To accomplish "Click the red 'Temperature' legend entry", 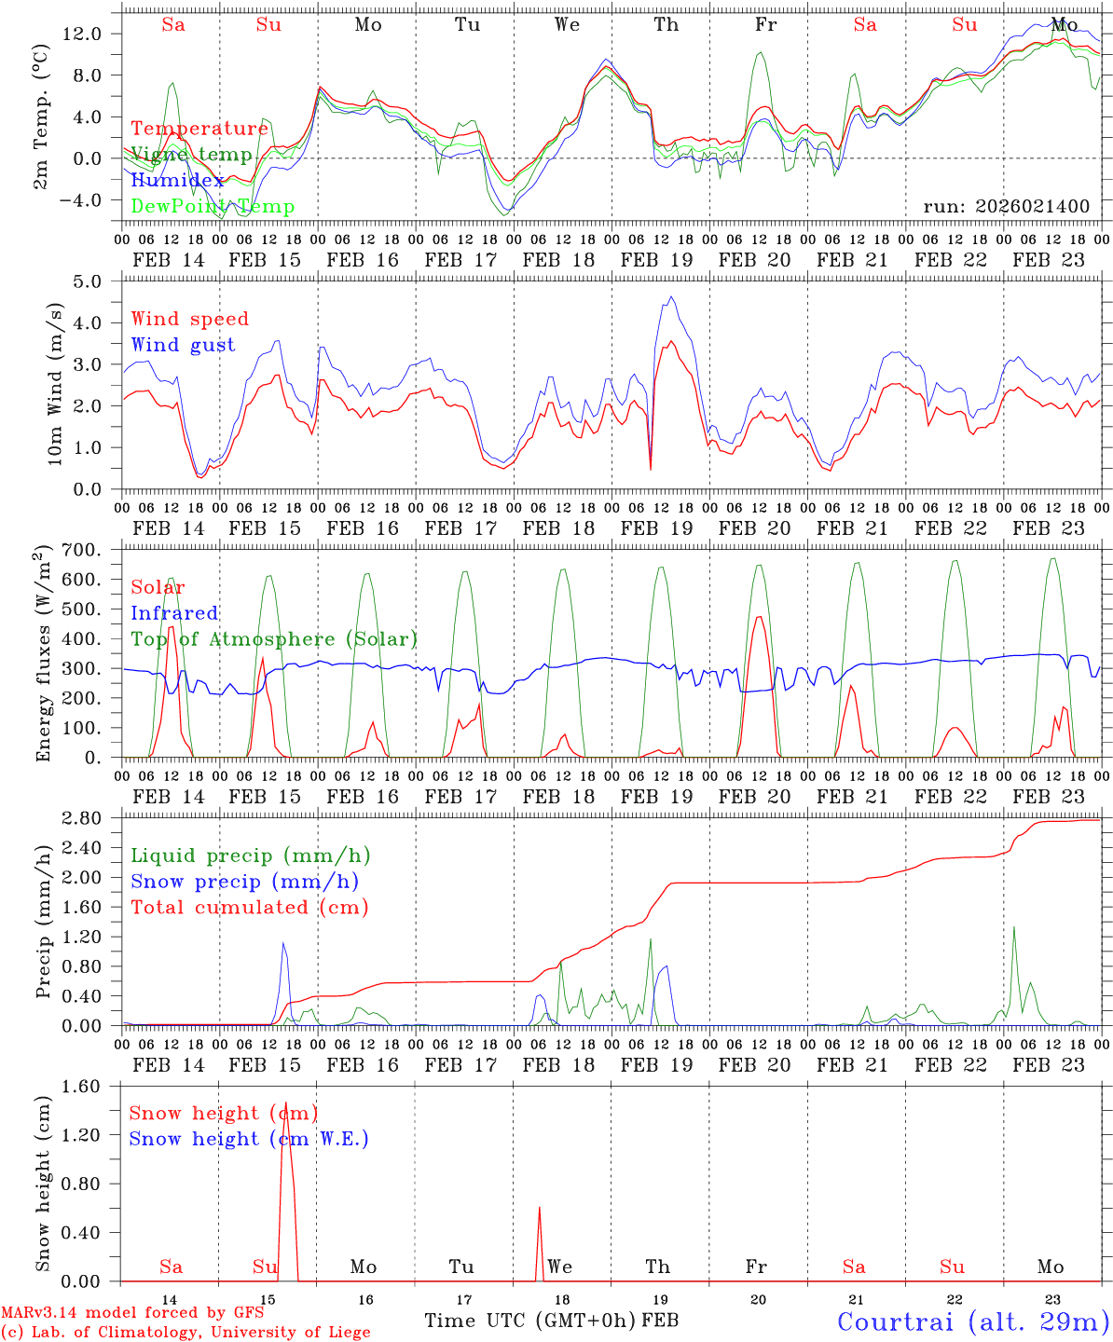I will [199, 129].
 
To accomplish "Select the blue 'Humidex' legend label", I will [177, 181].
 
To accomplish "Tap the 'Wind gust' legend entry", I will [183, 345].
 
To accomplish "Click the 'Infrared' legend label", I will [174, 613].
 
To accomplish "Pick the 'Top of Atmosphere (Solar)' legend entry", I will [273, 639].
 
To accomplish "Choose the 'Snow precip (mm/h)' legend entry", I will [244, 882].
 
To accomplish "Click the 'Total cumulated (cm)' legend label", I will [249, 907].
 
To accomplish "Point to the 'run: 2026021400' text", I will [1006, 207].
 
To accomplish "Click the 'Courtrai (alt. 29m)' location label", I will [973, 1321].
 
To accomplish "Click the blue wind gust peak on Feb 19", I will [671, 297].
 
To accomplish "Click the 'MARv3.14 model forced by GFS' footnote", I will [132, 1313].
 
